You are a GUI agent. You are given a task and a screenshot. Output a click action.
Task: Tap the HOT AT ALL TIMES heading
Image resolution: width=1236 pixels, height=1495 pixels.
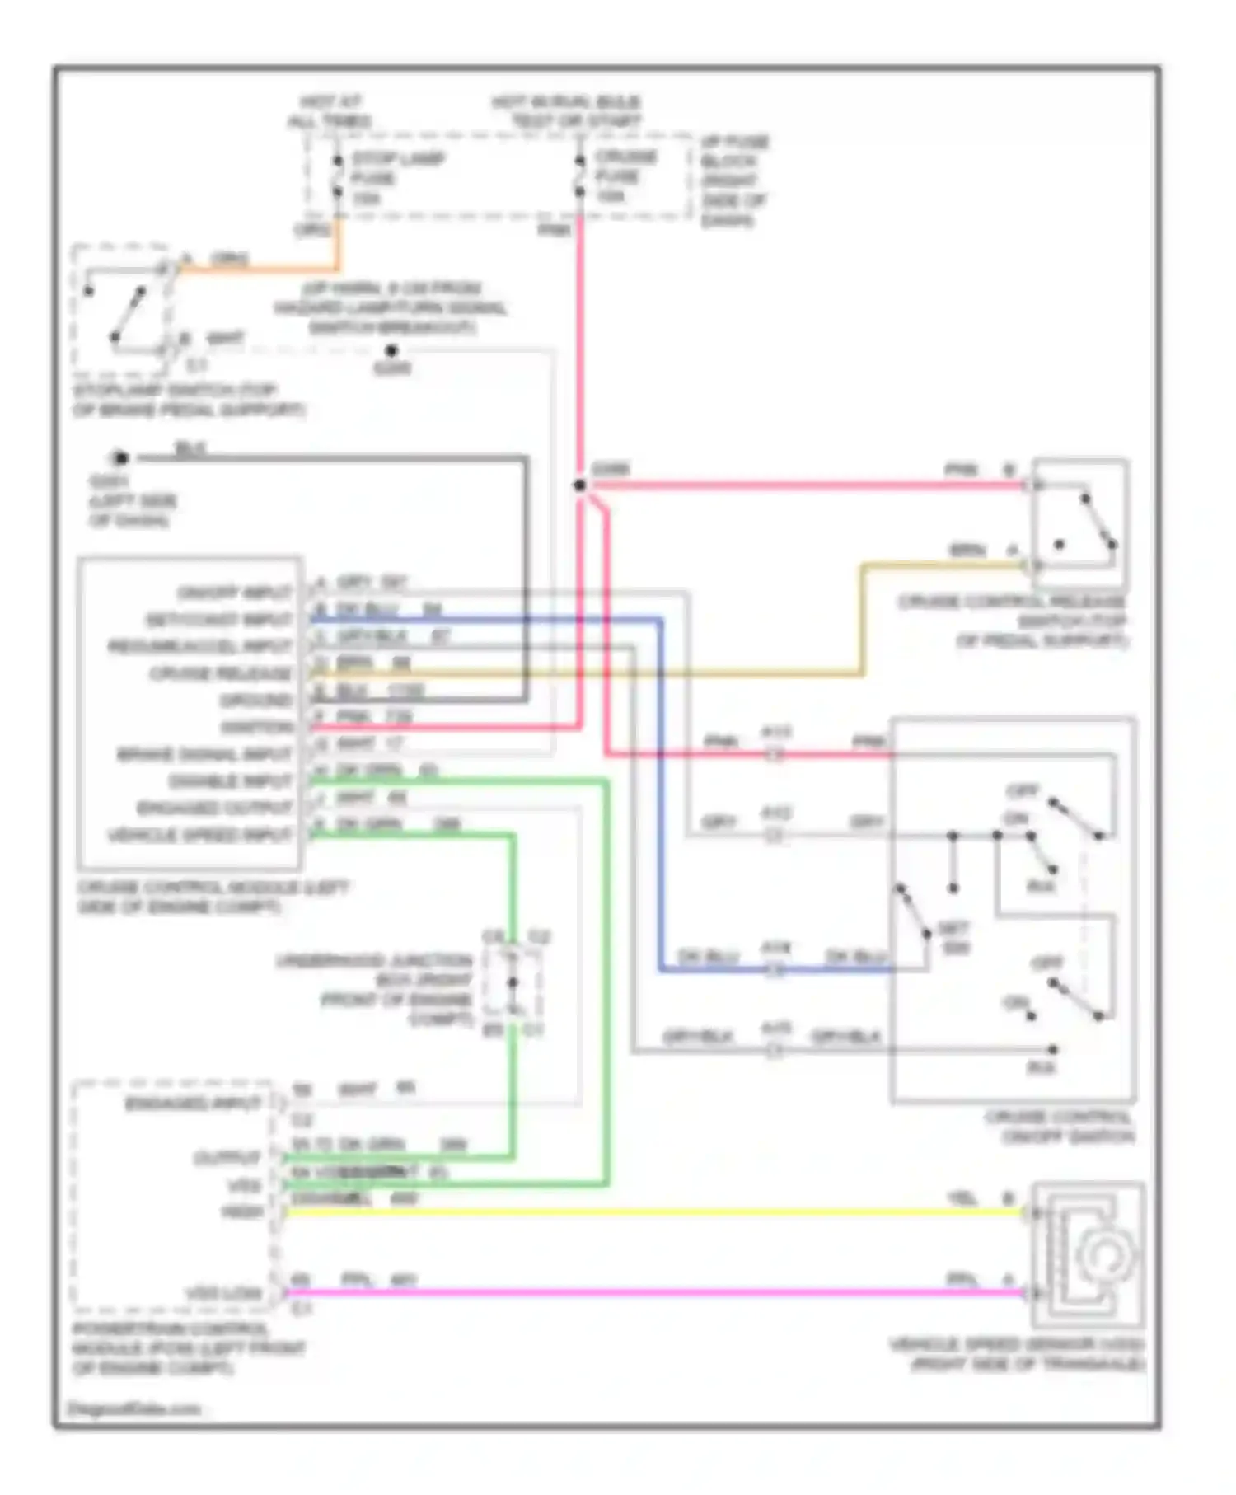coord(330,111)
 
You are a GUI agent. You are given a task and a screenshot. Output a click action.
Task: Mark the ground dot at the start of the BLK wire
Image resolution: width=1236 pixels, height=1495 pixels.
coord(120,458)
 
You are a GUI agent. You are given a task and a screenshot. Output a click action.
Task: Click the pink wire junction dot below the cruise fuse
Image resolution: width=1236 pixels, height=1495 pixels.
coord(580,485)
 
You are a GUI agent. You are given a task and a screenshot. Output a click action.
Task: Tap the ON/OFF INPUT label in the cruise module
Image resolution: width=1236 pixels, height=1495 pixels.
coord(235,593)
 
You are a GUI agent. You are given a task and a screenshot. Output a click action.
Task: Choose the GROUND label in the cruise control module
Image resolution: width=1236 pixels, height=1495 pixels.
coord(255,701)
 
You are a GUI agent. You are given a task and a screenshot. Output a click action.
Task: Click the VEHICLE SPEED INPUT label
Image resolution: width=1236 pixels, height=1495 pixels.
coord(200,836)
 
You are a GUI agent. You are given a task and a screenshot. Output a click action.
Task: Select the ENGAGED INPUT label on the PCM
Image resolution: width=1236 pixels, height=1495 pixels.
coord(193,1104)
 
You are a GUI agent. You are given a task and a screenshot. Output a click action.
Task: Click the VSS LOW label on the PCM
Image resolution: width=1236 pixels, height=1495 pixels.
coord(222,1293)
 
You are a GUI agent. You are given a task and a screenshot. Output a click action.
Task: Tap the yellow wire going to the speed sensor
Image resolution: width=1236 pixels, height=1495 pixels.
coord(659,1212)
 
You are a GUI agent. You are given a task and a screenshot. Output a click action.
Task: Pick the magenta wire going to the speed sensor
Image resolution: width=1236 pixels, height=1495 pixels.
coord(659,1293)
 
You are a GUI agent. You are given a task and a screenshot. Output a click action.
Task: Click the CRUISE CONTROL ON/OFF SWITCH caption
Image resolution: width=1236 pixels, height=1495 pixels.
coord(1060,1127)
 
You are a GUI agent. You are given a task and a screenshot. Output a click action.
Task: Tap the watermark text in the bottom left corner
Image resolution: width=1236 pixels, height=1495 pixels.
coord(133,1408)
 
